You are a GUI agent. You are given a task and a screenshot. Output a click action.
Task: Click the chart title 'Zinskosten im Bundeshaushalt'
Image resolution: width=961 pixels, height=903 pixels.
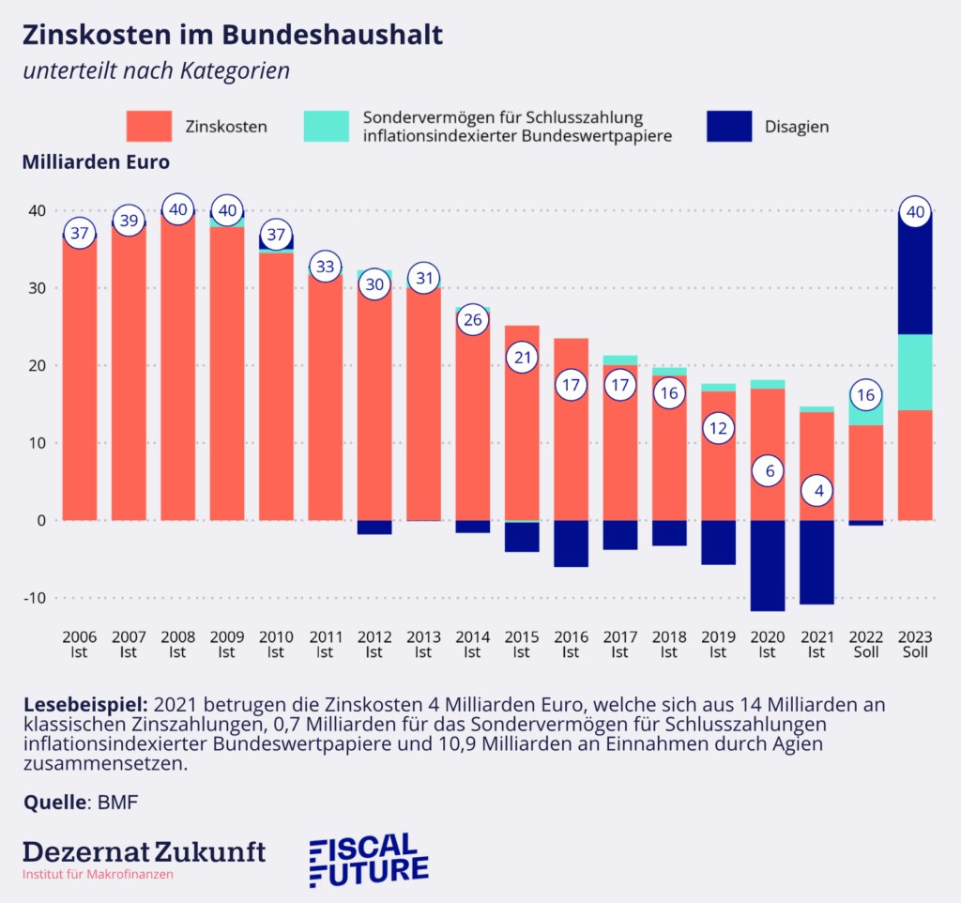point(232,36)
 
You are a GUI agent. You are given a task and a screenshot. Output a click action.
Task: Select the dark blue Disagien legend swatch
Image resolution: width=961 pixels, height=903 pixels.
point(728,126)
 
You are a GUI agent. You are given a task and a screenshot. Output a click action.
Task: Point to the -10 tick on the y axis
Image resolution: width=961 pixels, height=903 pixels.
point(35,598)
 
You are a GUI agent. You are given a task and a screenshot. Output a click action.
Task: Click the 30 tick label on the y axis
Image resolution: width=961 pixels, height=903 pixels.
point(35,288)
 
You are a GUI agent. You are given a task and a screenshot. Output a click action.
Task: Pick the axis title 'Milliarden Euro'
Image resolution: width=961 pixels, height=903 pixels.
point(95,161)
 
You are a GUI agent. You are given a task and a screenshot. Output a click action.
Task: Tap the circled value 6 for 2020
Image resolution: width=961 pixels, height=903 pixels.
point(768,471)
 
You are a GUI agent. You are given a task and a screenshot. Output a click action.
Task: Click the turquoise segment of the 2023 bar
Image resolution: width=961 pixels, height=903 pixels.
point(915,372)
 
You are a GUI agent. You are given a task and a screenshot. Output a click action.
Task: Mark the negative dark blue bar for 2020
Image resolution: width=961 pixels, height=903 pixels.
point(768,565)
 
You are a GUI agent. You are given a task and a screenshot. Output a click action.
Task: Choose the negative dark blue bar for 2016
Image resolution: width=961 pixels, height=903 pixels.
point(571,543)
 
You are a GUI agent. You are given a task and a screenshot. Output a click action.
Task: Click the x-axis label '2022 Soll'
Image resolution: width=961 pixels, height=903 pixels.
point(866,644)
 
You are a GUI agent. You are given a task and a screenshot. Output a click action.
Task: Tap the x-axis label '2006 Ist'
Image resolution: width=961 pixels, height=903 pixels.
point(79,644)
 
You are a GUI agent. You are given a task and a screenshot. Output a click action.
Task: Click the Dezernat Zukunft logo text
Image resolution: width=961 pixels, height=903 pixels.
point(144,851)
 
